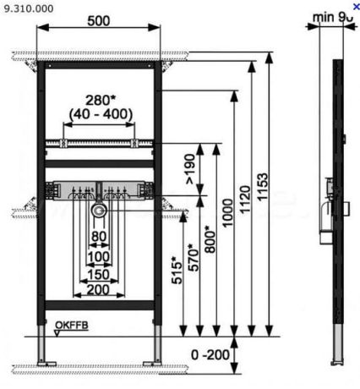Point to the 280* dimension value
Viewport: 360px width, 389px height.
click(x=100, y=99)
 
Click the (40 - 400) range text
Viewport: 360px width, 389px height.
click(x=100, y=112)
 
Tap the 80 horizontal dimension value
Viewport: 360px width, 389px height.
click(x=100, y=234)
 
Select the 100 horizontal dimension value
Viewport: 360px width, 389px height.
click(x=100, y=255)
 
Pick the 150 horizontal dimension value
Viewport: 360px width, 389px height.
click(x=100, y=274)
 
